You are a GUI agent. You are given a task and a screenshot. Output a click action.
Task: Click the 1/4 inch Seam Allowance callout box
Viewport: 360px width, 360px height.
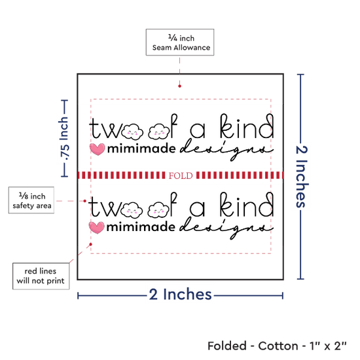[180, 43]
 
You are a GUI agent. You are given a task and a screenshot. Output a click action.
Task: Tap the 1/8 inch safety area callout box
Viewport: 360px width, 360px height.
[31, 200]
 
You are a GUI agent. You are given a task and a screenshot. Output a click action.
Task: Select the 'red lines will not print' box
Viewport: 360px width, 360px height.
[41, 276]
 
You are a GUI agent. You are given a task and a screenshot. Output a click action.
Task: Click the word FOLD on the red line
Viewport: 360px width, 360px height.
[181, 175]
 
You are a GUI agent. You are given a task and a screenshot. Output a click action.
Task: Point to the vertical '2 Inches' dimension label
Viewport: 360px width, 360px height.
[301, 177]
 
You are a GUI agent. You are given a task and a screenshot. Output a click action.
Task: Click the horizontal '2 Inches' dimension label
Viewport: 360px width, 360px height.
[180, 294]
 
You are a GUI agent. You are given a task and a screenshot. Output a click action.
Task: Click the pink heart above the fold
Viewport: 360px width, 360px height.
[98, 149]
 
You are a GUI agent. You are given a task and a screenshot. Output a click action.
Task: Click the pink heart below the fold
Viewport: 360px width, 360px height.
[97, 228]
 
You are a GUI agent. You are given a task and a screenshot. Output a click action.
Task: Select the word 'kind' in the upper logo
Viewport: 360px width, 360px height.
[247, 126]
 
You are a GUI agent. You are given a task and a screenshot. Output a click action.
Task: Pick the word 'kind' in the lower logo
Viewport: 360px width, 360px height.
[247, 205]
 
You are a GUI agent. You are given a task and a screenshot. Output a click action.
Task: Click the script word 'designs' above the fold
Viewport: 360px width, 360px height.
[226, 150]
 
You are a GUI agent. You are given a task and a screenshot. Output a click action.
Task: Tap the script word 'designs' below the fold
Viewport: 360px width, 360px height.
[226, 228]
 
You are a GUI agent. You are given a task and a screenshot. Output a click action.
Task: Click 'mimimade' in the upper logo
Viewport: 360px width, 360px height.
[141, 149]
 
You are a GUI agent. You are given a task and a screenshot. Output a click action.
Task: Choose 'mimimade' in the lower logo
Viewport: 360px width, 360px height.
[141, 227]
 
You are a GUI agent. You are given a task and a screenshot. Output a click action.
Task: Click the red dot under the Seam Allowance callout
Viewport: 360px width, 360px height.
[179, 86]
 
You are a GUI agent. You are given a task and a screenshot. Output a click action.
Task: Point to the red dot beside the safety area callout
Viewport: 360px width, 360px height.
[84, 201]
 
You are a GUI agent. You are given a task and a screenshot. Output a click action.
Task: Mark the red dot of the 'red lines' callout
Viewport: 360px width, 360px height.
[91, 244]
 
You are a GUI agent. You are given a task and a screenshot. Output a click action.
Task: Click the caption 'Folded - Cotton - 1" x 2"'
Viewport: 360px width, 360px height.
[277, 346]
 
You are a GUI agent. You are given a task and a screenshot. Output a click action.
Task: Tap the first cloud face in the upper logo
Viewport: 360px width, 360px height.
[132, 132]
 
